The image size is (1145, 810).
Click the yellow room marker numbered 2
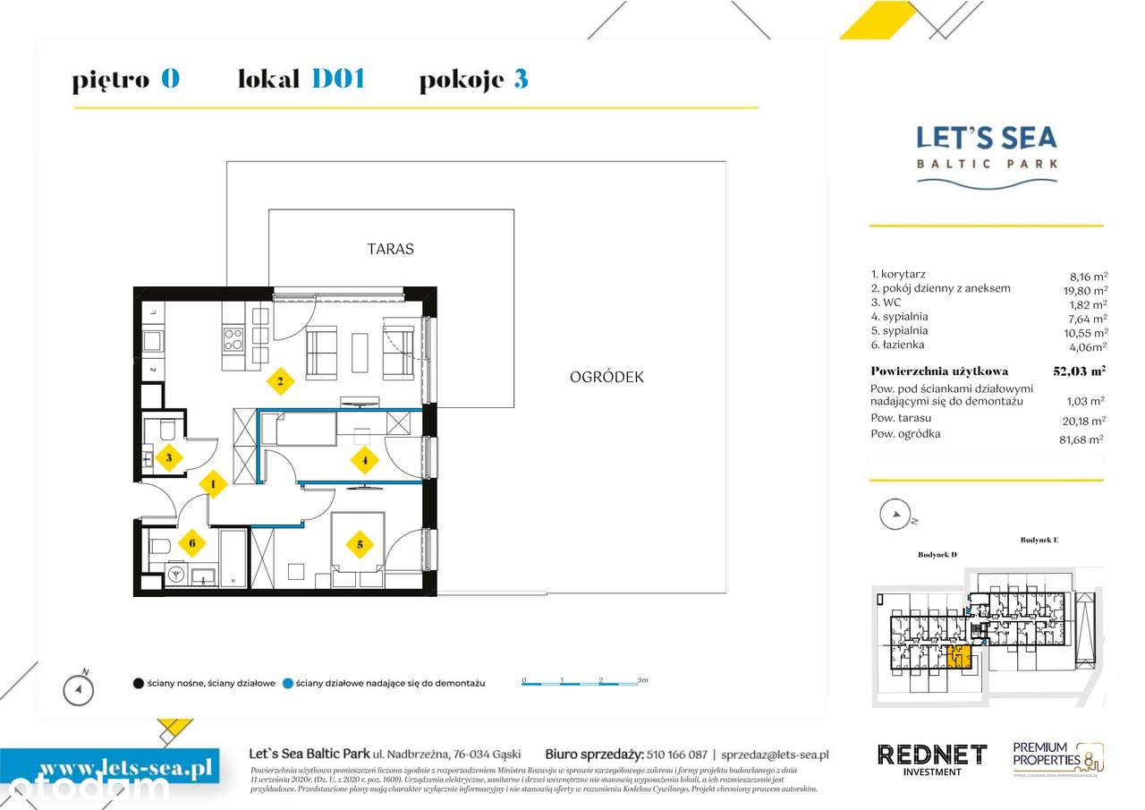280,382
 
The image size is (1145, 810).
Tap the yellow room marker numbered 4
364,462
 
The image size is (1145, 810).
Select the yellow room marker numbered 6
191,541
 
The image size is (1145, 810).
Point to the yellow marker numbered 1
213,485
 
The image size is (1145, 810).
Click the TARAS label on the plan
391,249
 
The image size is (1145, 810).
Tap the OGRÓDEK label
606,377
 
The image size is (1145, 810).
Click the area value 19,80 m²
1084,289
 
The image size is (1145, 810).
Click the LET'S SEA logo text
987,138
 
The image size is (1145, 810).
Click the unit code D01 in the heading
338,80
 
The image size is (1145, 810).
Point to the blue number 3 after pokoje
521,80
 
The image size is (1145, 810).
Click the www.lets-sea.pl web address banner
111,768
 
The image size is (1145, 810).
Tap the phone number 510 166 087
676,755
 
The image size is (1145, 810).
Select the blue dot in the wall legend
286,684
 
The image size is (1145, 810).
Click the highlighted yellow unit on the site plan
959,657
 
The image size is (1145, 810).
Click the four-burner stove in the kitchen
233,339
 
